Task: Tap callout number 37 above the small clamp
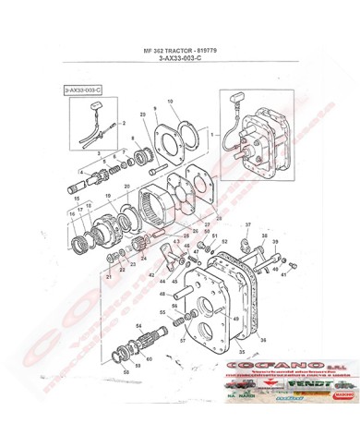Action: (247, 226)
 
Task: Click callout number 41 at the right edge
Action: (284, 274)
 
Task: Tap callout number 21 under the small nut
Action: (108, 276)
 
